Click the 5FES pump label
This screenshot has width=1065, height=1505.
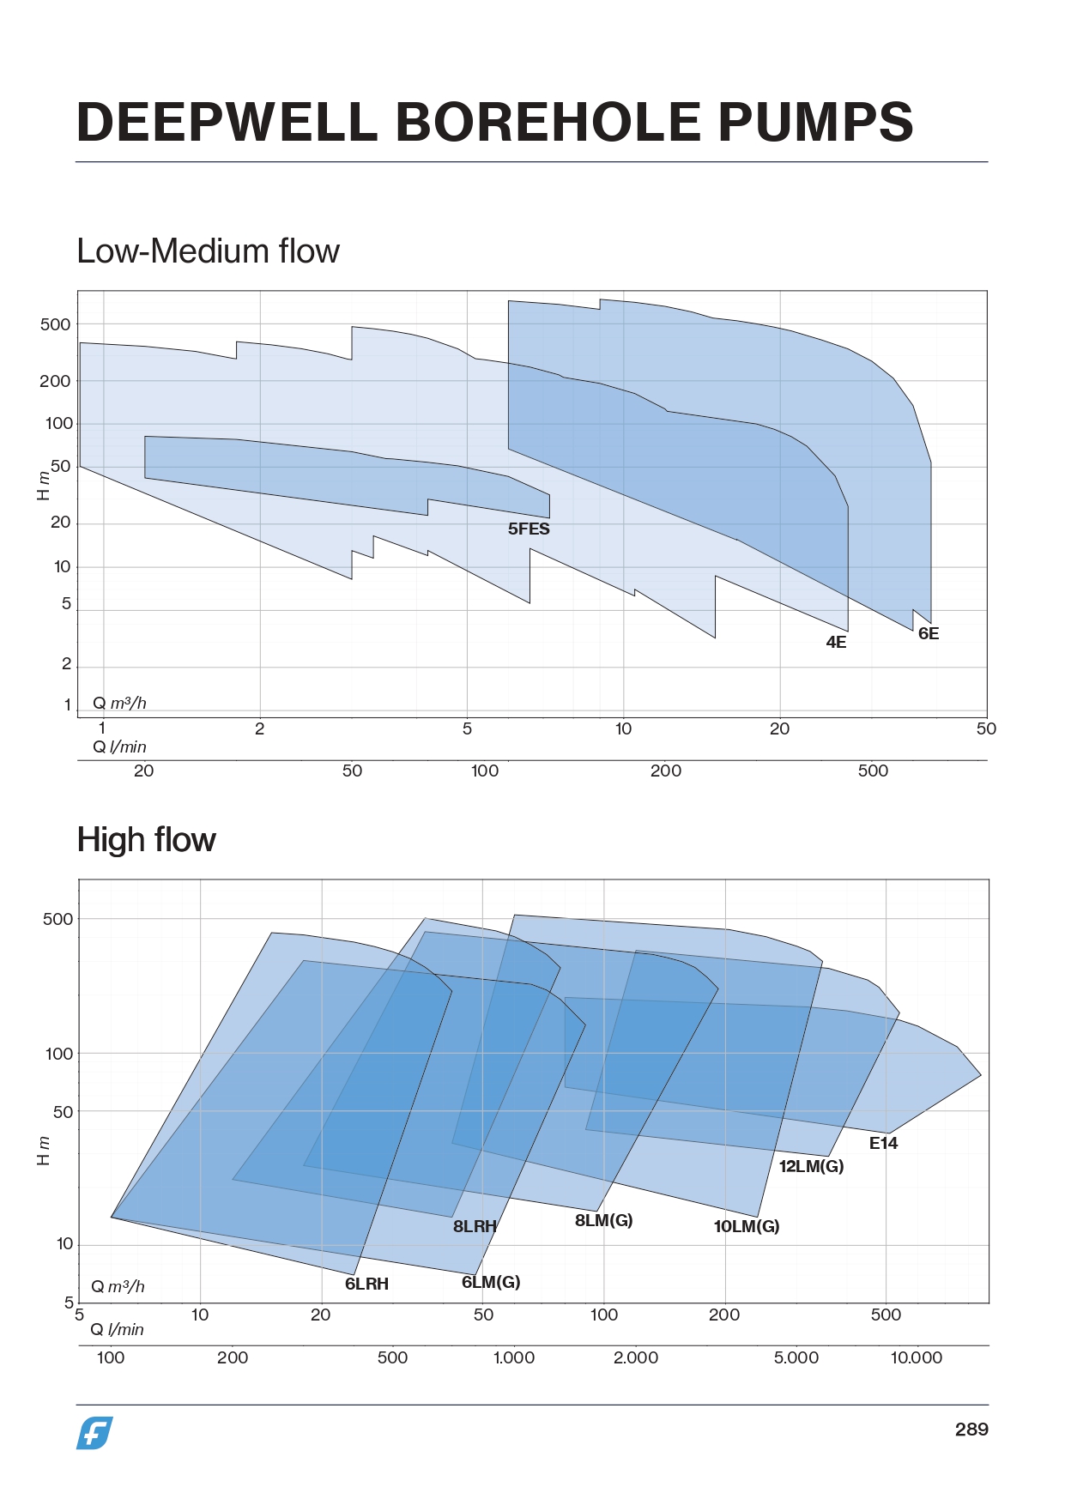click(x=529, y=529)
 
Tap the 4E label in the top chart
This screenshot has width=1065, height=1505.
click(x=836, y=643)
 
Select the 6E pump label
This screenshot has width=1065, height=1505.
click(x=929, y=634)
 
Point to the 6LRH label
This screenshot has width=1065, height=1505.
click(x=366, y=1284)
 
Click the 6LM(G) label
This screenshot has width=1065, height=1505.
click(x=491, y=1283)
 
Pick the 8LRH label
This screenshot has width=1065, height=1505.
click(x=475, y=1227)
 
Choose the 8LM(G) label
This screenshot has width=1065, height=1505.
click(x=603, y=1221)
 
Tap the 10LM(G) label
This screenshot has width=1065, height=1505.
click(x=747, y=1227)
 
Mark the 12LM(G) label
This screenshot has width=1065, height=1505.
click(x=811, y=1167)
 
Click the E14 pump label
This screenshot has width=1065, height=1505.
click(x=883, y=1144)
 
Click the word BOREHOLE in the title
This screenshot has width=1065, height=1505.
click(x=548, y=122)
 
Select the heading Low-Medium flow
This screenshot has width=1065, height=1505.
click(x=208, y=251)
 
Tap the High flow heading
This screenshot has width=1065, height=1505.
click(x=146, y=840)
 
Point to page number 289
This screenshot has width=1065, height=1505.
click(x=971, y=1429)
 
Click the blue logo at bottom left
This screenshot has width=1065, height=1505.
click(x=94, y=1433)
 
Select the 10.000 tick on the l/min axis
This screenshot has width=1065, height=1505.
click(x=916, y=1358)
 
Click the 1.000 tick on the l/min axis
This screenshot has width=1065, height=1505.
click(x=513, y=1358)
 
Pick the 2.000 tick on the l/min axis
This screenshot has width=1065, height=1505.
click(x=635, y=1358)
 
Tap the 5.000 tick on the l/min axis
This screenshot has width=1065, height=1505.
click(x=796, y=1358)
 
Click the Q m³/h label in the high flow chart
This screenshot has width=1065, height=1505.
click(x=118, y=1287)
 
